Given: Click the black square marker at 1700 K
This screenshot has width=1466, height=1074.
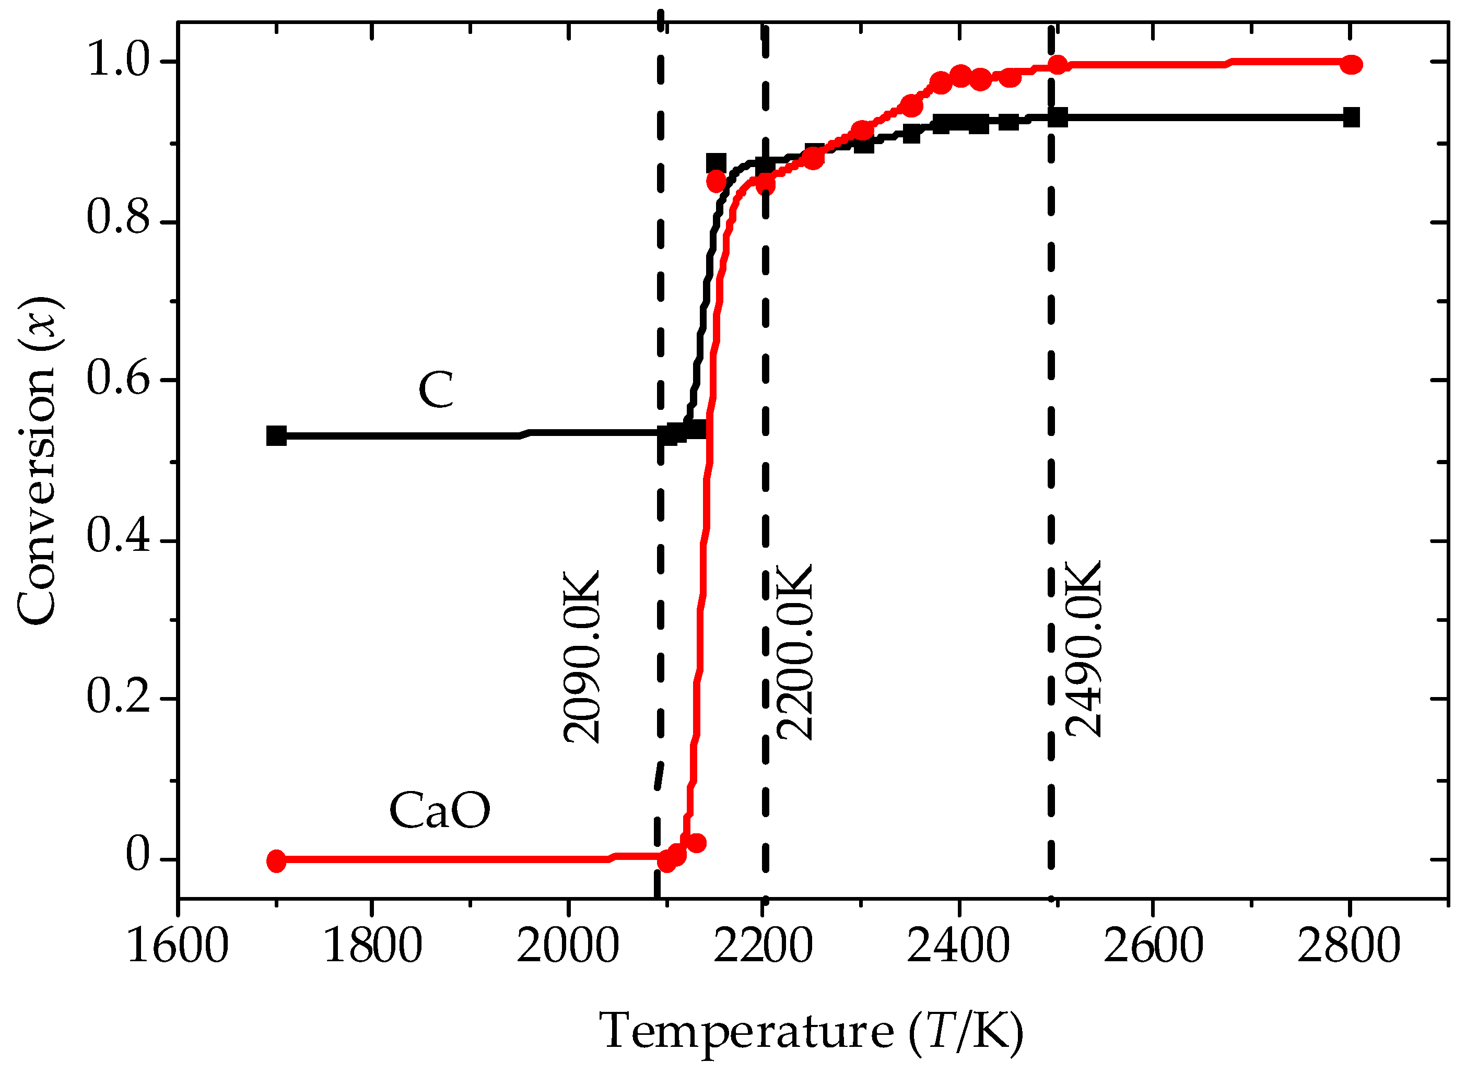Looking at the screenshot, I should point(276,435).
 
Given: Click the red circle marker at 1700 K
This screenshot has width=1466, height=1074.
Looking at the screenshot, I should point(276,861).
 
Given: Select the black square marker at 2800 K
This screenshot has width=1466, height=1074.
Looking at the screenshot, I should point(1352,117).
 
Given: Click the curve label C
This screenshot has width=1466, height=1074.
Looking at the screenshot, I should point(435,390).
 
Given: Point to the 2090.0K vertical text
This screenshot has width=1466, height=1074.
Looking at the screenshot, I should point(581,657).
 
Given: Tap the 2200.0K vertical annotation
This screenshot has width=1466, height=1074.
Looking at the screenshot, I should point(794,652).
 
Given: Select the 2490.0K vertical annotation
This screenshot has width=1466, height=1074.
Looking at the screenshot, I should point(1083,649).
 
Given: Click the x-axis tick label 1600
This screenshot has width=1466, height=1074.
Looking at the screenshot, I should point(178,946).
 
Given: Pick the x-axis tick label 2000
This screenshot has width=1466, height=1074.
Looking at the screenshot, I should point(568,946).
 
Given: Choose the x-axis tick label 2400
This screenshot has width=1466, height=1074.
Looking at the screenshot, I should point(958,946).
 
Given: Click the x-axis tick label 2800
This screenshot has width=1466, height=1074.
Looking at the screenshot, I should point(1349,946).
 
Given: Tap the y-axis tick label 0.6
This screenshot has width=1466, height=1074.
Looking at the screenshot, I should point(119,379).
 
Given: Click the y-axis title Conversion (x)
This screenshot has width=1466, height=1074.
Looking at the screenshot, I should point(38,461).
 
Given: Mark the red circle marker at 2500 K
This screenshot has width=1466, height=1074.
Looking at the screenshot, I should point(1058,64).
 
